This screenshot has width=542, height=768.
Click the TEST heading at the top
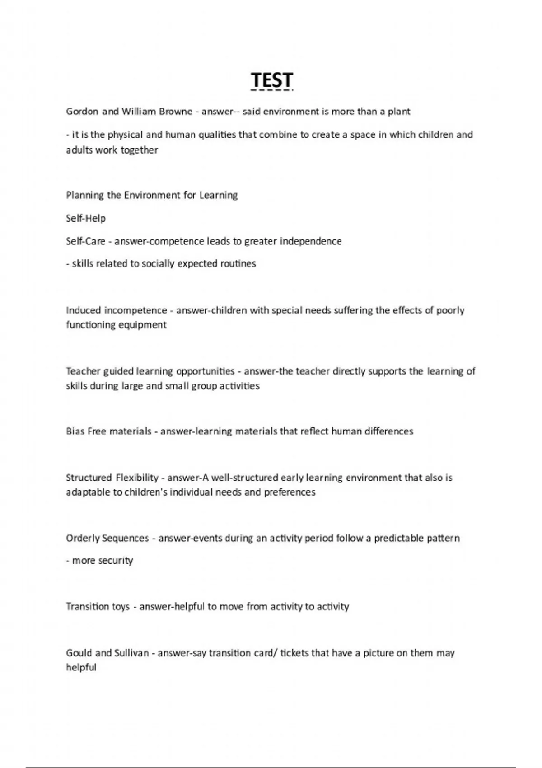[272, 80]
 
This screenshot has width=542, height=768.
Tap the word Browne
[176, 112]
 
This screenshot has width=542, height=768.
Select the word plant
[399, 112]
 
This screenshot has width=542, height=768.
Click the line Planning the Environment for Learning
[152, 195]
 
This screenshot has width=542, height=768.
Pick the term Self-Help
[86, 219]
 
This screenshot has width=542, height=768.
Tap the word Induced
[84, 310]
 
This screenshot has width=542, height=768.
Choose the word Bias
[75, 431]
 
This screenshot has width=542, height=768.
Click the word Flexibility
[137, 478]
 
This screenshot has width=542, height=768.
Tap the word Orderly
[83, 539]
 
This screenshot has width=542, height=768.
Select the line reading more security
[100, 561]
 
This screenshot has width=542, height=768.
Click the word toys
[120, 607]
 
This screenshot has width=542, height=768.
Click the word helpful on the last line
[81, 668]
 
